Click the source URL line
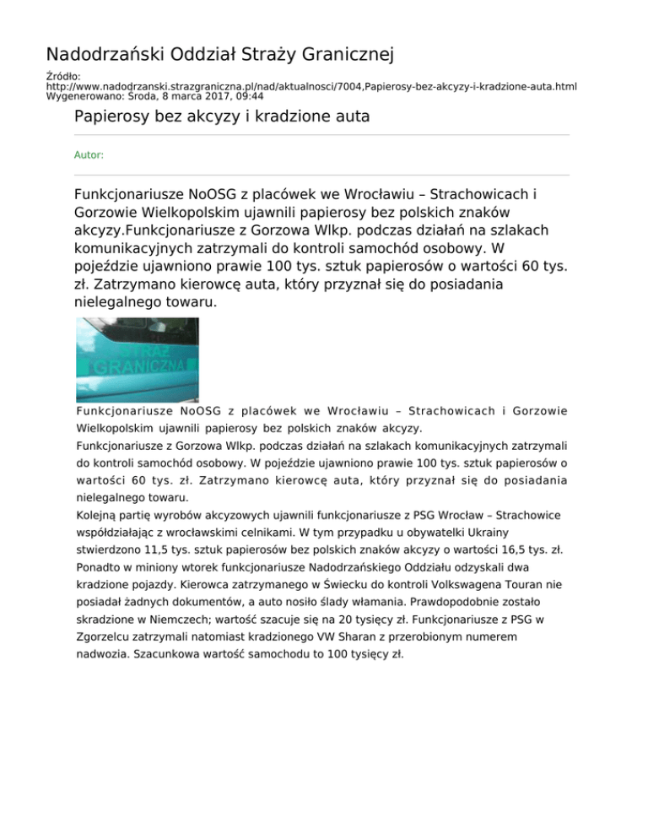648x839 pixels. point(311,86)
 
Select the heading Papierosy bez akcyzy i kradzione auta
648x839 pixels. point(222,116)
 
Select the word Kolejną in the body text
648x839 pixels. point(99,515)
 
